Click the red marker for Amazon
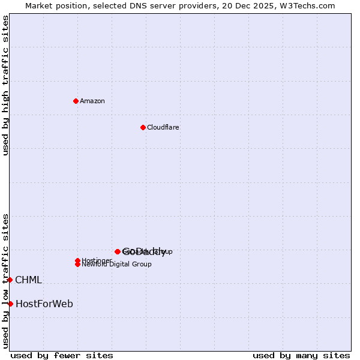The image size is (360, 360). coord(76,101)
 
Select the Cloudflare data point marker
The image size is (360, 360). coord(143,127)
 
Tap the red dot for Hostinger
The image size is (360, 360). coord(77,260)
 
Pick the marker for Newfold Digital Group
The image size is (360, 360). coord(77,264)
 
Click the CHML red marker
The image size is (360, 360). coord(10,280)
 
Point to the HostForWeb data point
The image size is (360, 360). coord(10,304)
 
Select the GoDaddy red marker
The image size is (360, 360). coord(118,251)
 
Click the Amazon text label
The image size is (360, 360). coord(92,101)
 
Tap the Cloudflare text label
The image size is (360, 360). coord(163,127)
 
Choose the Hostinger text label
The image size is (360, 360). coord(96,260)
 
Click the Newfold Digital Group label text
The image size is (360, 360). coord(116,265)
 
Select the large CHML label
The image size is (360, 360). coord(28,280)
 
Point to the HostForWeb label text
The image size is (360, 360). coord(44,304)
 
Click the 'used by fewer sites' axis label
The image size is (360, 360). coord(62,355)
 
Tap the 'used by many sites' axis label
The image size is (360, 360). coord(301,355)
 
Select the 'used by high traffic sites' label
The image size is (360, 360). coord(5,85)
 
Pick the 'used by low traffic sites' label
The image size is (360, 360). coord(5,280)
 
